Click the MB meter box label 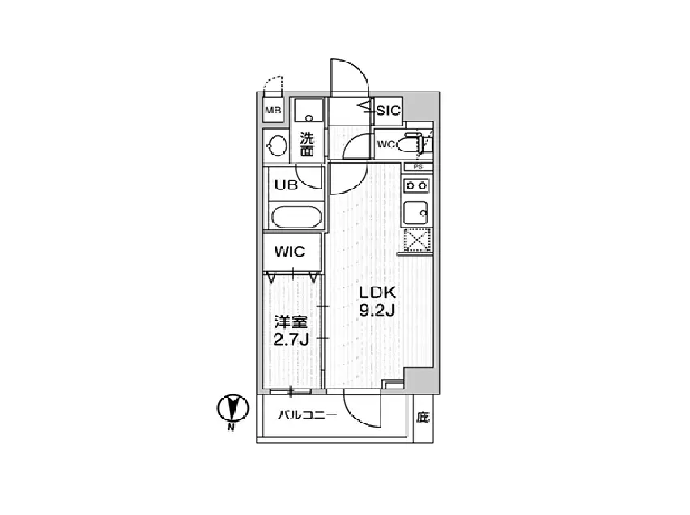coord(273,111)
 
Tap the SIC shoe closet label coord(388,110)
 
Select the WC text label coord(386,144)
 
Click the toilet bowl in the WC coord(406,144)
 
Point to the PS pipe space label coord(418,168)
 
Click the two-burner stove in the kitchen coord(416,185)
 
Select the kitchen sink coord(415,213)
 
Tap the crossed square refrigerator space coord(417,240)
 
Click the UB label coord(286,185)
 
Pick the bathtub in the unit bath coord(296,217)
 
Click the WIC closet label coord(290,252)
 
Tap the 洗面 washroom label coord(307,144)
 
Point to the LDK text coord(377,292)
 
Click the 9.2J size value coord(377,311)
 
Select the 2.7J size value coord(291,340)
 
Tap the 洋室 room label coord(291,322)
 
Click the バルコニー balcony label coord(307,415)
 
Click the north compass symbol coord(232,408)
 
